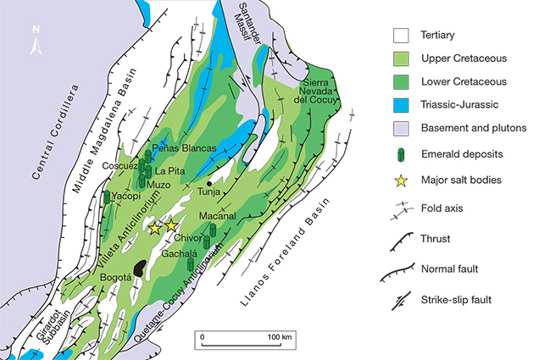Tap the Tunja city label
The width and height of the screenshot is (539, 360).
[208, 191]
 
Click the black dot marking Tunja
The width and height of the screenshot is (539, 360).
[209, 182]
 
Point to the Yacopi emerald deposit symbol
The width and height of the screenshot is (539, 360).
[107, 198]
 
